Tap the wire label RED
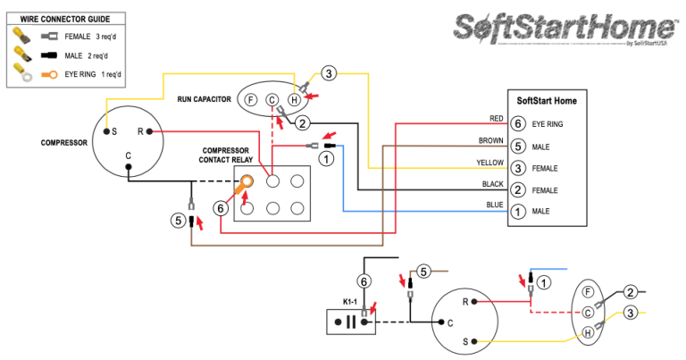[x=497, y=119]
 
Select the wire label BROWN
[x=490, y=140]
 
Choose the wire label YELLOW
[x=489, y=163]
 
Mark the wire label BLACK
[x=491, y=184]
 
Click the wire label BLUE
[x=495, y=206]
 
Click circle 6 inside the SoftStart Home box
[x=518, y=124]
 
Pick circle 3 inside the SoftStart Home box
[x=518, y=168]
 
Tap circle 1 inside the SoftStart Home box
[x=518, y=212]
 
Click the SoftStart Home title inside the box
[x=547, y=101]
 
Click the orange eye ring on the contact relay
[x=246, y=182]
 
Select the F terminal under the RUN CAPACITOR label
[x=251, y=100]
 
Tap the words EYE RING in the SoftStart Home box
[x=547, y=124]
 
